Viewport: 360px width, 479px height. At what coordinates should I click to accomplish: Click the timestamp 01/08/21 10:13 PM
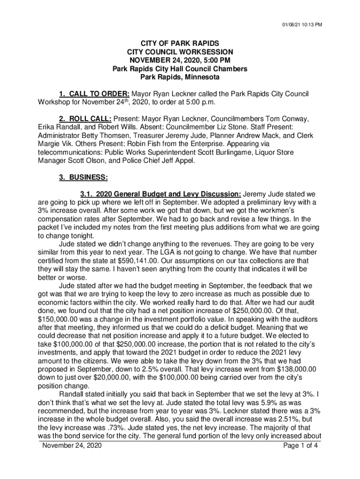tap(302, 25)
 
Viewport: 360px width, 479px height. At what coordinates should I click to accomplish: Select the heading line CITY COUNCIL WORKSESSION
tap(180, 52)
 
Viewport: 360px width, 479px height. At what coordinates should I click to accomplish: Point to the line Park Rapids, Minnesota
tap(180, 77)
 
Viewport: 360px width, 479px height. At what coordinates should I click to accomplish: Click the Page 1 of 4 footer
tap(301, 445)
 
